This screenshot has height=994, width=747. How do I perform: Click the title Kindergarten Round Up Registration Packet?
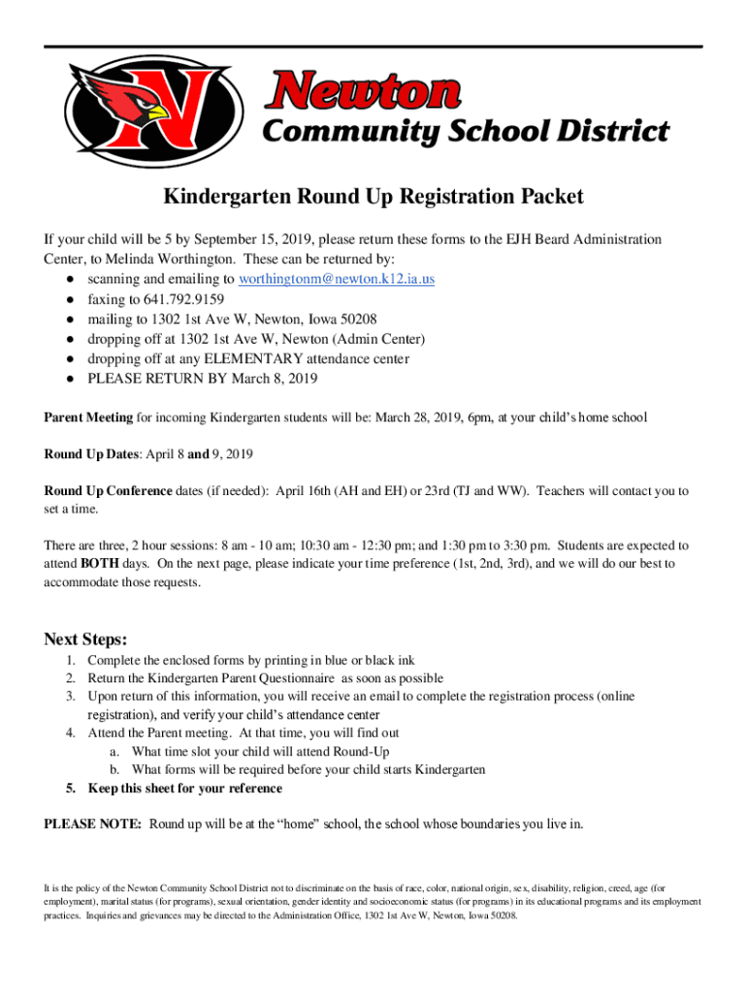pyautogui.click(x=373, y=197)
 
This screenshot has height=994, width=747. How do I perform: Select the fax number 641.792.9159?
pyautogui.click(x=182, y=299)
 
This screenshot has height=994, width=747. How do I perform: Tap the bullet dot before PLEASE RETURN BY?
pyautogui.click(x=72, y=379)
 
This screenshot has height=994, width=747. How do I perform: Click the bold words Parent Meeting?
pyautogui.click(x=88, y=417)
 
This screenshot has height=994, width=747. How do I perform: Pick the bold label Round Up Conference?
pyautogui.click(x=108, y=491)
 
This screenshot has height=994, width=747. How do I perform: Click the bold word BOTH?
pyautogui.click(x=100, y=563)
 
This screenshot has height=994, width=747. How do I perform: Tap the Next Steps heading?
pyautogui.click(x=85, y=639)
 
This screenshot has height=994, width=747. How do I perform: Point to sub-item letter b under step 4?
pyautogui.click(x=114, y=770)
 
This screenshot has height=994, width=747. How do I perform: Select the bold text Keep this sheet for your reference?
pyautogui.click(x=184, y=788)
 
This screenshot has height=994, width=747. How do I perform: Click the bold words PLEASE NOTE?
pyautogui.click(x=93, y=824)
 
